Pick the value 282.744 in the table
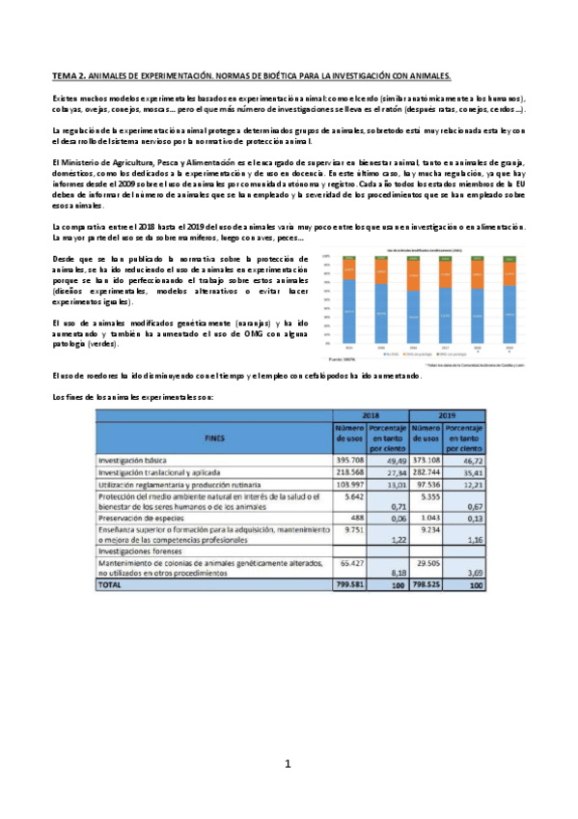pos(426,473)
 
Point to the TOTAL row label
pos(114,584)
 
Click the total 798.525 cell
pos(426,584)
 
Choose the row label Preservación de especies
pos(141,516)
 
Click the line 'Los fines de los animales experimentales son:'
pos(125,397)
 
